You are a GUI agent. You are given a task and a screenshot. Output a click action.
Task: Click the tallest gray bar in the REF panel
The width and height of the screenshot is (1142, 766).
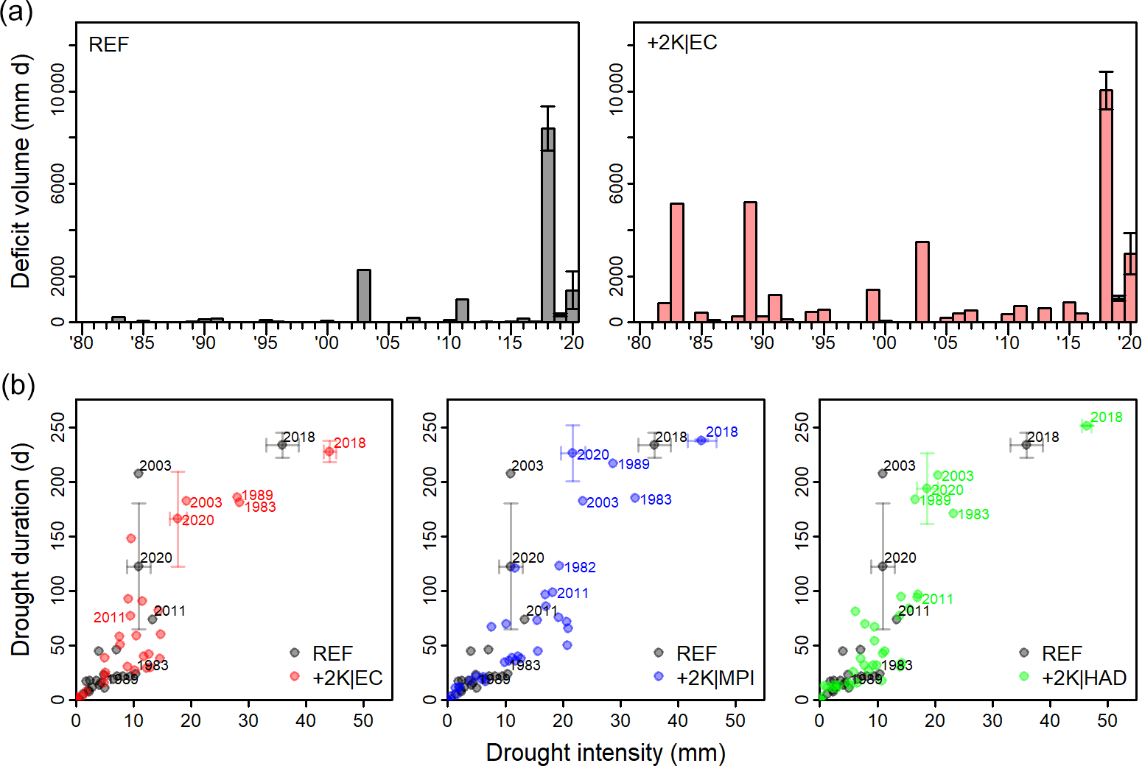[x=547, y=225]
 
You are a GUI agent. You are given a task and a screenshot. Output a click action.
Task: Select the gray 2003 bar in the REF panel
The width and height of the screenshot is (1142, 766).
[x=364, y=295]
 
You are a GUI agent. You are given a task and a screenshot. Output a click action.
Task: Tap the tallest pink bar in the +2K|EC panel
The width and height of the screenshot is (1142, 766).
[x=1106, y=206]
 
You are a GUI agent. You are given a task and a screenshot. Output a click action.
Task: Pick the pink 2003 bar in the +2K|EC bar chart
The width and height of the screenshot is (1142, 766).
[x=922, y=281]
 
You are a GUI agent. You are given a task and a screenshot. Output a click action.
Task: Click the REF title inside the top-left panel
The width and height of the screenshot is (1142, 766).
[x=108, y=45]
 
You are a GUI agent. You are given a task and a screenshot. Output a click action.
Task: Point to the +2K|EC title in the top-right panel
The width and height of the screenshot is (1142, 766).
[x=682, y=43]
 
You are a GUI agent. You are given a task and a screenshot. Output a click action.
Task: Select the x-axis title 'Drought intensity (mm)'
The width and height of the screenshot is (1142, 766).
[x=606, y=752]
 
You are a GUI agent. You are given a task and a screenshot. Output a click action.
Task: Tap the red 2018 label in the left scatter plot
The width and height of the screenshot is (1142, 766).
[x=349, y=443]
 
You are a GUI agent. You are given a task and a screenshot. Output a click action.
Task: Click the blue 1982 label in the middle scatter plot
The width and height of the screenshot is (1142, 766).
[x=580, y=567]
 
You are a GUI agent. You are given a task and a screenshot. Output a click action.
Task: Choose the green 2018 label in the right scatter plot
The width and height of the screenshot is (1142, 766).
[x=1106, y=417]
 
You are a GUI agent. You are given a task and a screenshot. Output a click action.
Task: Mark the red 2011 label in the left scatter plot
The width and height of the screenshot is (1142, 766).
[x=109, y=617]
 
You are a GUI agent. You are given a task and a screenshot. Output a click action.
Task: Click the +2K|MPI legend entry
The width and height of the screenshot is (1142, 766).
[x=715, y=678]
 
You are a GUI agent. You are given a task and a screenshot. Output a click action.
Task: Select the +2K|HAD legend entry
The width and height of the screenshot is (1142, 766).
[x=1084, y=678]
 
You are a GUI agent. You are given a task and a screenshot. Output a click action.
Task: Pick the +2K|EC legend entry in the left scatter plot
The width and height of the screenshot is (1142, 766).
[x=347, y=678]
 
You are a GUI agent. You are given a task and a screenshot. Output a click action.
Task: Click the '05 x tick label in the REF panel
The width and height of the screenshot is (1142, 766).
[x=388, y=342]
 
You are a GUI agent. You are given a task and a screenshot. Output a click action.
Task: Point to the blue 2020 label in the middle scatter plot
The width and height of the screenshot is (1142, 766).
[x=593, y=455]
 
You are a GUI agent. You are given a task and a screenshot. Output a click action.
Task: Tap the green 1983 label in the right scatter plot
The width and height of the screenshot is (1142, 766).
[x=973, y=514]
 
